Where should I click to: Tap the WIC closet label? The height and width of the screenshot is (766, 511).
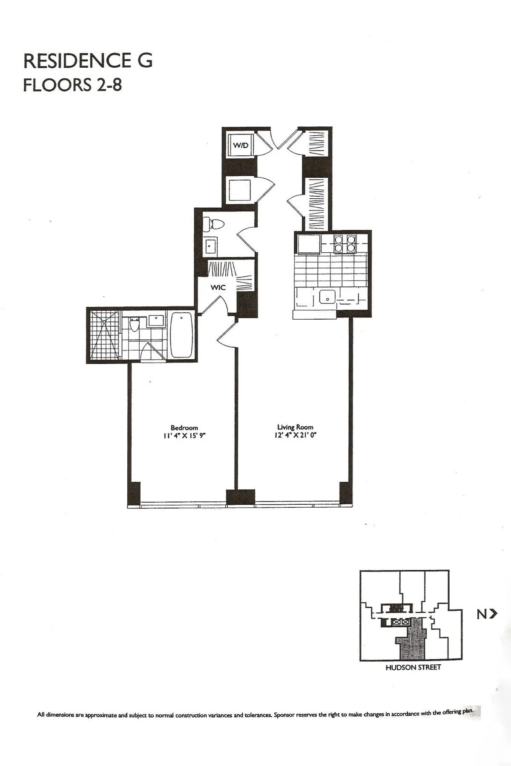(x=218, y=288)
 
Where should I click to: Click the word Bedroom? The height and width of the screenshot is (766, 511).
(x=184, y=427)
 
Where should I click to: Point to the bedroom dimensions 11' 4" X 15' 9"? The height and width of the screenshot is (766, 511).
(x=184, y=435)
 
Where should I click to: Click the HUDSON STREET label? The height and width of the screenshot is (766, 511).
(x=413, y=668)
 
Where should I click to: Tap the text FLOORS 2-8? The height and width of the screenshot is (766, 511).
(x=72, y=85)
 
